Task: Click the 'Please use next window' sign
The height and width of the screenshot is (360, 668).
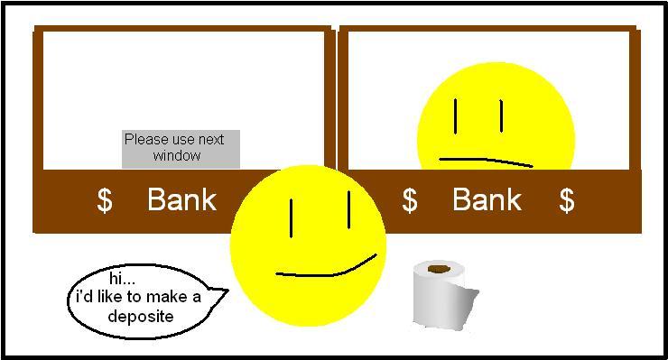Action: pyautogui.click(x=181, y=148)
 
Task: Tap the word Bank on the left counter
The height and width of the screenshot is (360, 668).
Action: pyautogui.click(x=181, y=199)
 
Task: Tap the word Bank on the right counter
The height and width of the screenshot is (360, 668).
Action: pyautogui.click(x=487, y=199)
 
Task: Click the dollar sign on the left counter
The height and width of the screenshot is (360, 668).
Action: pyautogui.click(x=105, y=200)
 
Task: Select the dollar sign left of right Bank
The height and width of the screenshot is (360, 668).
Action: pyautogui.click(x=410, y=200)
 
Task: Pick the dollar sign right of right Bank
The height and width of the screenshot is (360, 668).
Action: pyautogui.click(x=566, y=200)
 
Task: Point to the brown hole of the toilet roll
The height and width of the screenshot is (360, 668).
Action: pyautogui.click(x=440, y=268)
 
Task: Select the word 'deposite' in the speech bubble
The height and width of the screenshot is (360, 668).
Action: pyautogui.click(x=140, y=317)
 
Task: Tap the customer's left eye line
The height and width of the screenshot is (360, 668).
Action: pyautogui.click(x=292, y=218)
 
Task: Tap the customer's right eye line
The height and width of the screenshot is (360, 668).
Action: pyautogui.click(x=348, y=208)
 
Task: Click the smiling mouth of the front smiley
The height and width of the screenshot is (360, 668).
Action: pyautogui.click(x=325, y=269)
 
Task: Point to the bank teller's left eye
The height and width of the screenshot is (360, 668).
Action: pyautogui.click(x=456, y=115)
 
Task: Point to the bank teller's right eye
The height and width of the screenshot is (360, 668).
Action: pyautogui.click(x=501, y=115)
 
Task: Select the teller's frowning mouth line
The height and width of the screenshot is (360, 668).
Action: pyautogui.click(x=486, y=162)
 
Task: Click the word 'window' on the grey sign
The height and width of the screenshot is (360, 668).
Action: pyautogui.click(x=176, y=156)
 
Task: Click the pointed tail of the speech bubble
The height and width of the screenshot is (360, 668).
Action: pyautogui.click(x=221, y=291)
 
